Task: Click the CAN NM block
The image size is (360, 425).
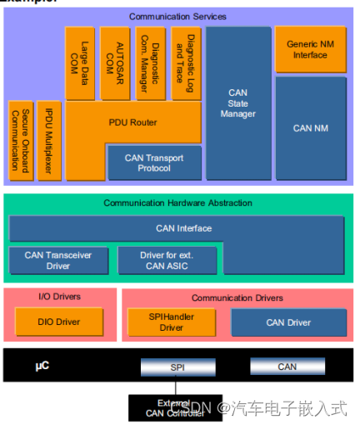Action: click(x=311, y=128)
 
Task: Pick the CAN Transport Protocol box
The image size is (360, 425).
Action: click(x=154, y=162)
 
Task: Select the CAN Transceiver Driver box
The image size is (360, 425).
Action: click(x=57, y=260)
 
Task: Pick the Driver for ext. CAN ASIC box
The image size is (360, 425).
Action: click(x=167, y=260)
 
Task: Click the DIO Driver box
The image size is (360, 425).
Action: click(x=58, y=322)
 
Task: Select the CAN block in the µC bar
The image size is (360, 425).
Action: click(x=287, y=367)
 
